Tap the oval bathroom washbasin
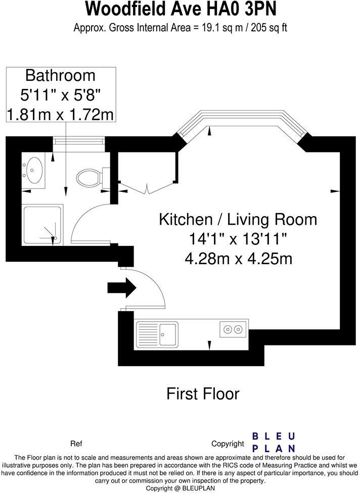33,170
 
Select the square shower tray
42,225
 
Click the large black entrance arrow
122,287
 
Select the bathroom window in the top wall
79,140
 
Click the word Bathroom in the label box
60,76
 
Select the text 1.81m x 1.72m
60,115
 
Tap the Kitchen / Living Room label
238,219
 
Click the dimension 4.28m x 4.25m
239,259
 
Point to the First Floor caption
203,393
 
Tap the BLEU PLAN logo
274,442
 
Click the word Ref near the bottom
76,443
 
